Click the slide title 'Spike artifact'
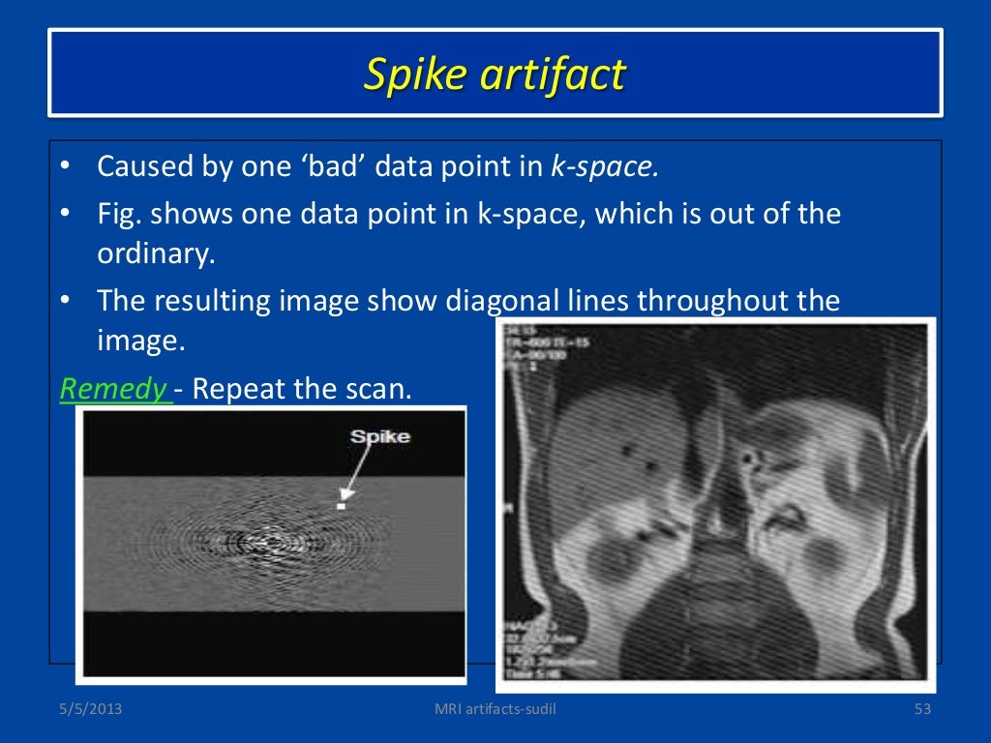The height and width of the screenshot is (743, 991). click(x=495, y=74)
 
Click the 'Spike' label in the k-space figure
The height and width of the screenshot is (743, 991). click(x=379, y=435)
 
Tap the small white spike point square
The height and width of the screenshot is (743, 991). click(x=341, y=505)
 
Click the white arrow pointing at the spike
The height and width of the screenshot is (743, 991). click(x=356, y=475)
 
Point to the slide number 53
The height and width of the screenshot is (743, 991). click(x=921, y=712)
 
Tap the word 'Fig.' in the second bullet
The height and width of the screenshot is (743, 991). click(x=120, y=213)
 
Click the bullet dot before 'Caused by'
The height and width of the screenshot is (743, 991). click(x=64, y=166)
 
